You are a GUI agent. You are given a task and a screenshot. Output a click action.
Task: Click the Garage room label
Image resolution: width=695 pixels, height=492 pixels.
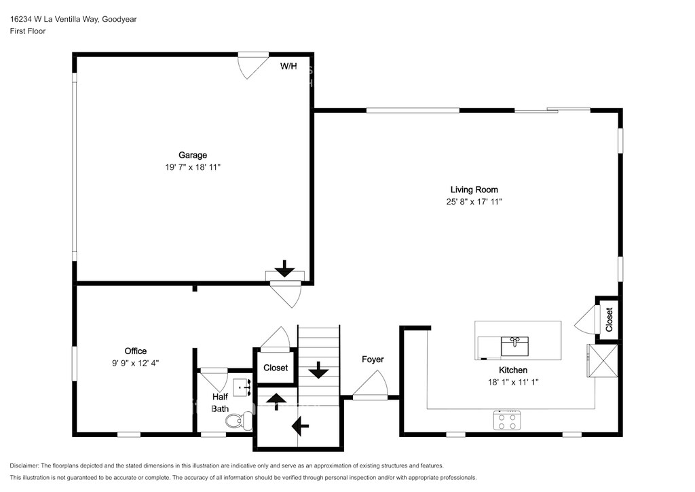coord(192,155)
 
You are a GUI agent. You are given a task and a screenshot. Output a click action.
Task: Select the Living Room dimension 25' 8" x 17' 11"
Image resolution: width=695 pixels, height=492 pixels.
coord(474,202)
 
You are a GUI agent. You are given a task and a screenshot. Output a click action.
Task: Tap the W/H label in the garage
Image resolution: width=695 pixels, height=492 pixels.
coord(288,67)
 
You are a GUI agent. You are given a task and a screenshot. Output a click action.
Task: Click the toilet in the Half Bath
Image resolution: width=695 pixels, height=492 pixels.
coord(239,420)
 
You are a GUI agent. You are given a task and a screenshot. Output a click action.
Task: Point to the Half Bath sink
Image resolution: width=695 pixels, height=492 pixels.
coord(242,387)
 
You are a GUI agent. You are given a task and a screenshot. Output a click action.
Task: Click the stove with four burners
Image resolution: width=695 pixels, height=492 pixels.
coord(507,420)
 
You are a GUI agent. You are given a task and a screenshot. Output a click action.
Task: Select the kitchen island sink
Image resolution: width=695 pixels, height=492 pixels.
coord(514,346)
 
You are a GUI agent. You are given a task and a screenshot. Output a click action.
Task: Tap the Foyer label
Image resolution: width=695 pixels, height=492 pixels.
coord(373,359)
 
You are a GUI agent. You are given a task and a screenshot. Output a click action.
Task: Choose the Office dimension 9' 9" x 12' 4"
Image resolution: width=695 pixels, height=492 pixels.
coord(135,363)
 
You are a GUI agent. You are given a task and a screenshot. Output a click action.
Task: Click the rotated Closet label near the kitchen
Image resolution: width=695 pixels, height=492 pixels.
coord(609,319)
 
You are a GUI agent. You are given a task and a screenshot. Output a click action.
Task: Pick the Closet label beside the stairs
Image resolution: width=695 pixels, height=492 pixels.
coord(276,368)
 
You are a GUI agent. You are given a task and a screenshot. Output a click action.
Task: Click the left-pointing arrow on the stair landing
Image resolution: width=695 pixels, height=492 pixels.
coord(300,426)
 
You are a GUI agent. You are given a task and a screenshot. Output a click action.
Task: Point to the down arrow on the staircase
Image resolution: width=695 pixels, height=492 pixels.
coord(318,370)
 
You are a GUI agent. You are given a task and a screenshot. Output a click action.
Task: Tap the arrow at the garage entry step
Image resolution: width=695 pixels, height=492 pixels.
coord(284,268)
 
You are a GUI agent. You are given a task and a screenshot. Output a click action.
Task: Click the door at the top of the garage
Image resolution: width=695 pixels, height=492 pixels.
coord(254,65)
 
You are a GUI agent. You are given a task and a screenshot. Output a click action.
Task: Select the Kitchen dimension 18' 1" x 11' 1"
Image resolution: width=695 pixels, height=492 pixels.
coord(513,382)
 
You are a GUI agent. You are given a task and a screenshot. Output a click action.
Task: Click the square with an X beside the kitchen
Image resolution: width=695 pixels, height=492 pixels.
coord(603,361)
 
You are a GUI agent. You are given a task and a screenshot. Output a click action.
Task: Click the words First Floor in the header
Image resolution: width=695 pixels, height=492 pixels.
coord(27,31)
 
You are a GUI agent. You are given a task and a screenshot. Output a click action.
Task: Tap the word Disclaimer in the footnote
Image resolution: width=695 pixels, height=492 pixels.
coord(24,465)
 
